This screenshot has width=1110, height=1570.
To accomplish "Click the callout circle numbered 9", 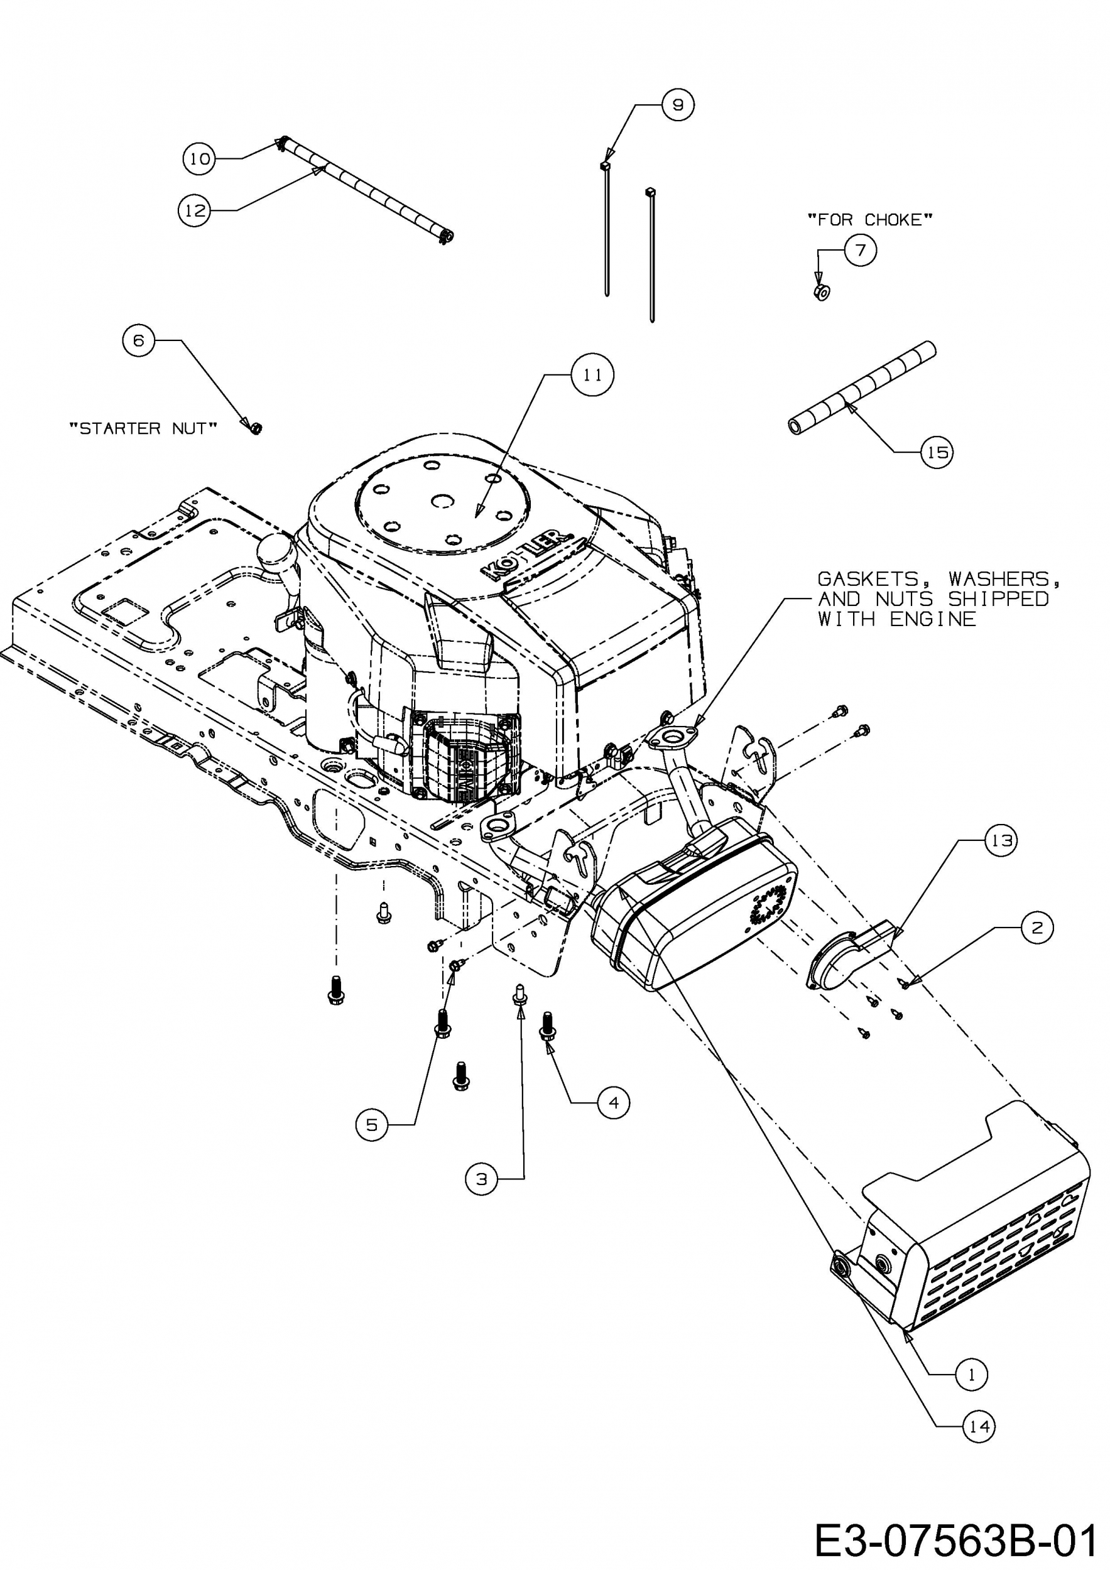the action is (678, 105).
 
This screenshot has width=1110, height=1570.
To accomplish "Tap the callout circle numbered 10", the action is (199, 159).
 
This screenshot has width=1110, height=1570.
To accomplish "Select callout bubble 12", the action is (194, 210).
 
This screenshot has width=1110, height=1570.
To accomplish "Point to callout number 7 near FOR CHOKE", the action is (861, 251).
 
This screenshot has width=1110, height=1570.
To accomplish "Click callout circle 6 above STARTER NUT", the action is (139, 340).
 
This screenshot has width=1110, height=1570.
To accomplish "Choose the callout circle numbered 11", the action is (592, 375).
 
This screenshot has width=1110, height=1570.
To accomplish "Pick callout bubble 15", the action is (937, 452).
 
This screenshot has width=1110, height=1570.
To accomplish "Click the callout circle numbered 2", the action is (1038, 928).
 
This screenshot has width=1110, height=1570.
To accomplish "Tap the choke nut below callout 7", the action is (823, 293).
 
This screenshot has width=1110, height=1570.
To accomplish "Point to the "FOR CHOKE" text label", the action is (870, 220).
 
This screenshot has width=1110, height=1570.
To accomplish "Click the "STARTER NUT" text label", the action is (143, 429).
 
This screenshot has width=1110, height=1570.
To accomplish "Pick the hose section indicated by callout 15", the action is (862, 388).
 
